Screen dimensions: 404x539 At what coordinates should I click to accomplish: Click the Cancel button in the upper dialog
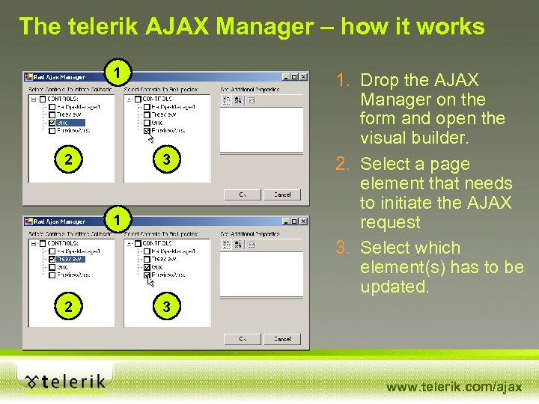(x=282, y=195)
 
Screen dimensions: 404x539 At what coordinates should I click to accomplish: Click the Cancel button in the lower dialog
(x=282, y=339)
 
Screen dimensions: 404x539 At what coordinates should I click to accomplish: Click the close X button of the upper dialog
(x=304, y=76)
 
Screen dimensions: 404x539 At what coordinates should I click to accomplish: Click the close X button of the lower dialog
(x=304, y=221)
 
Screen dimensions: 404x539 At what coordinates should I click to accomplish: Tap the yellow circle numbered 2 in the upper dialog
(x=69, y=159)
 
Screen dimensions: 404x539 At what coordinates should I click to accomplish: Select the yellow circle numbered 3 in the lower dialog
(x=167, y=306)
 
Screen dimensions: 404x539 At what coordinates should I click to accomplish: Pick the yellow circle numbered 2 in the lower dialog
(x=69, y=306)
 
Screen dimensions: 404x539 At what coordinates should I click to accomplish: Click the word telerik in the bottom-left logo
(x=73, y=382)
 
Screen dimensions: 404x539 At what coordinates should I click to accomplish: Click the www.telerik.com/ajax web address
(x=454, y=387)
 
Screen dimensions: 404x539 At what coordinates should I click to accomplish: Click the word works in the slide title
(x=451, y=27)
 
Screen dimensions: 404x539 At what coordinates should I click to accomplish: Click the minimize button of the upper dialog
(x=286, y=76)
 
